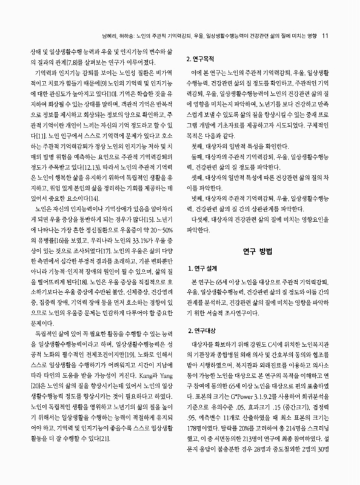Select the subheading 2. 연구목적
click(x=205, y=61)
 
